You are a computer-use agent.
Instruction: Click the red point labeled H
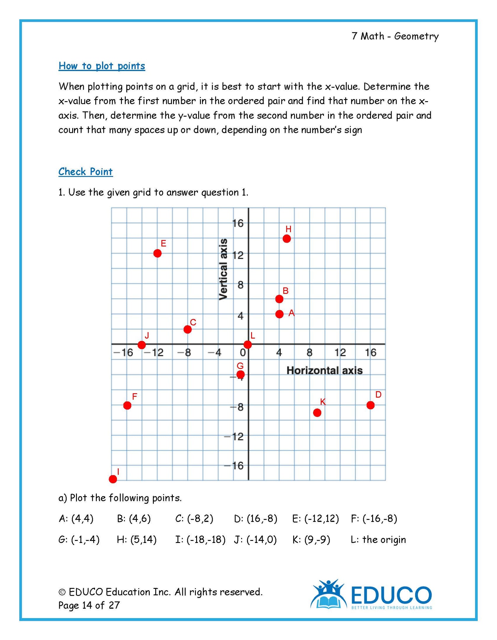[x=286, y=238]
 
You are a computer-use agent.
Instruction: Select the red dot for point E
[x=157, y=253]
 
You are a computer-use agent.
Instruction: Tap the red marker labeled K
[x=317, y=412]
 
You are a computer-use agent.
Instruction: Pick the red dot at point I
[x=113, y=479]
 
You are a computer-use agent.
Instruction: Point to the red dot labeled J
[x=142, y=345]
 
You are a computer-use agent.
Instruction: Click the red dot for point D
[x=370, y=405]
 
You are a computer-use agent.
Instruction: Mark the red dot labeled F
[x=127, y=405]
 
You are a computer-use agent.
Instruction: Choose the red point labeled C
[x=188, y=329]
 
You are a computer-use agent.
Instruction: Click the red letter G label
[x=240, y=366]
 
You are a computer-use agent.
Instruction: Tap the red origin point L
[x=248, y=344]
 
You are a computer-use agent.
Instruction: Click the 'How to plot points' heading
[x=102, y=66]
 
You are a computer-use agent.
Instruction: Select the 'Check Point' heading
[x=85, y=172]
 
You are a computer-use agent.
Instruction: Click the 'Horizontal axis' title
[x=325, y=370]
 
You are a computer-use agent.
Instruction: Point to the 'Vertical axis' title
[x=223, y=269]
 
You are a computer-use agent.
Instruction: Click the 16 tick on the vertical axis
[x=238, y=223]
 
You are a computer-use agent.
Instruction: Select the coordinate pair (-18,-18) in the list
[x=206, y=539]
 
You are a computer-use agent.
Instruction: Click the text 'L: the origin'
[x=378, y=539]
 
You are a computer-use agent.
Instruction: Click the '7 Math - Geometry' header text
[x=395, y=36]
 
